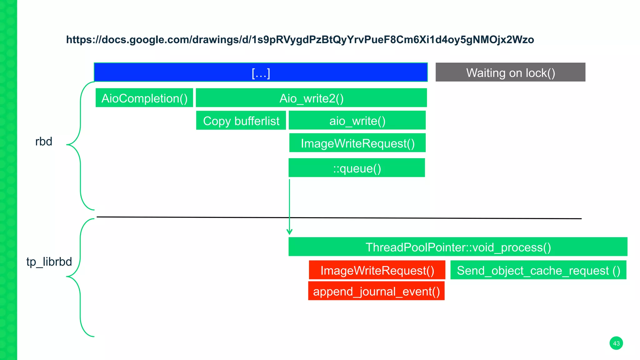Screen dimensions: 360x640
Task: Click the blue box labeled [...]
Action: (x=261, y=72)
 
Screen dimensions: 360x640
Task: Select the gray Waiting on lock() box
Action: (x=510, y=72)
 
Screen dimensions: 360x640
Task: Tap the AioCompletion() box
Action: (x=144, y=98)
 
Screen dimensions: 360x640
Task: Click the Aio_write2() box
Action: (x=311, y=98)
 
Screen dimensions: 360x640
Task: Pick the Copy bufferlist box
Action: (x=241, y=121)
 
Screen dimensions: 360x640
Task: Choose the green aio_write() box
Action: (x=357, y=120)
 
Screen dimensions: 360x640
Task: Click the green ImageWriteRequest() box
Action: (x=357, y=143)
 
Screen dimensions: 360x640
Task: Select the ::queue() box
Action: (x=357, y=168)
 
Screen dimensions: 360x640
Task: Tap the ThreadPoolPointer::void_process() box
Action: (x=458, y=247)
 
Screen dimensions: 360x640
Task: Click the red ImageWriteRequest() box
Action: (x=377, y=270)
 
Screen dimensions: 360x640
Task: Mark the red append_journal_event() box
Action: (x=376, y=291)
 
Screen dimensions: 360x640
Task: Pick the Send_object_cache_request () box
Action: (x=538, y=270)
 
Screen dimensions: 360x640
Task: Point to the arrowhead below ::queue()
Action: (x=289, y=232)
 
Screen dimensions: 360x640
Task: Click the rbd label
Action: (x=43, y=141)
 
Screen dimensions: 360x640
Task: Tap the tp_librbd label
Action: (x=49, y=262)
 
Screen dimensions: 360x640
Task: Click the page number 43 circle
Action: (x=616, y=343)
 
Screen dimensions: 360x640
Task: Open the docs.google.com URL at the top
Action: (x=300, y=40)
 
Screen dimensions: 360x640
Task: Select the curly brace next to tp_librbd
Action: (x=80, y=277)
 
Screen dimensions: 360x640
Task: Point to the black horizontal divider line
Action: (x=437, y=218)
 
